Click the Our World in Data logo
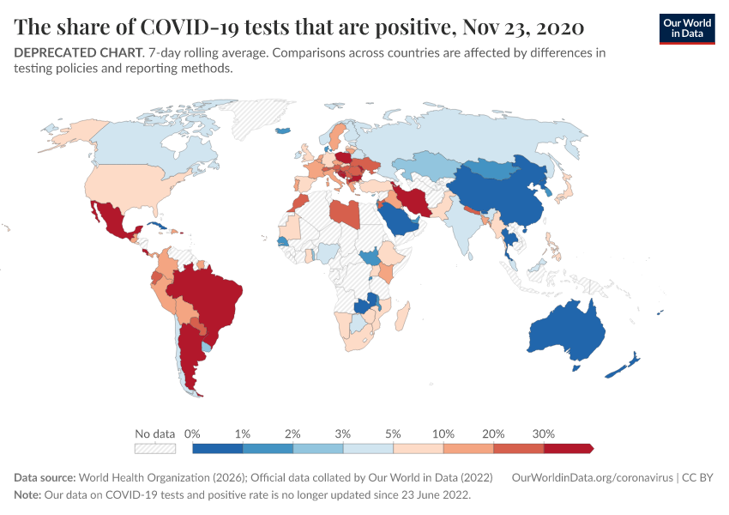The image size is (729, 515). click(686, 27)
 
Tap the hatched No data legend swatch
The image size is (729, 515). click(154, 448)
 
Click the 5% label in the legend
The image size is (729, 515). click(393, 433)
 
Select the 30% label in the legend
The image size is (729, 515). click(544, 433)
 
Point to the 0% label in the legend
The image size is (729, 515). click(192, 433)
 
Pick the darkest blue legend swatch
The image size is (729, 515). click(218, 448)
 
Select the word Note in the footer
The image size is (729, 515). click(28, 495)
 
